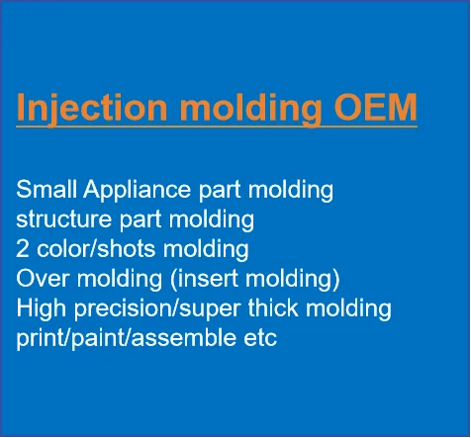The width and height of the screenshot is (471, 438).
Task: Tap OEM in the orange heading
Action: pyautogui.click(x=375, y=107)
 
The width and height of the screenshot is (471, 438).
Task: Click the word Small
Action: pyautogui.click(x=47, y=189)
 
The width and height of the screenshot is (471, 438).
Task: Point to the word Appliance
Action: pyautogui.click(x=137, y=191)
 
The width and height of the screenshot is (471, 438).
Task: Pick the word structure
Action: pyautogui.click(x=64, y=219)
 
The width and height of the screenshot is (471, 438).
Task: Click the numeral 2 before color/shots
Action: pyautogui.click(x=23, y=248)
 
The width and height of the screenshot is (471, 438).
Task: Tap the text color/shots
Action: pyautogui.click(x=96, y=248)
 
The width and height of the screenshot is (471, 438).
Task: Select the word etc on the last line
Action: pyautogui.click(x=260, y=338)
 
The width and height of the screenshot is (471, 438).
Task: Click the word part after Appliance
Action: pyautogui.click(x=220, y=191)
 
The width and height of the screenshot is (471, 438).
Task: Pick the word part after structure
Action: pyautogui.click(x=141, y=220)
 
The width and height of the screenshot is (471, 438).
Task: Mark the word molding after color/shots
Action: pyautogui.click(x=206, y=250)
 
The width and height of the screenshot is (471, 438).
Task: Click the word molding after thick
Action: pyautogui.click(x=348, y=309)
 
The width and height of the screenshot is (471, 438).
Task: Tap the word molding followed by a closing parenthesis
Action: pyautogui.click(x=288, y=280)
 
